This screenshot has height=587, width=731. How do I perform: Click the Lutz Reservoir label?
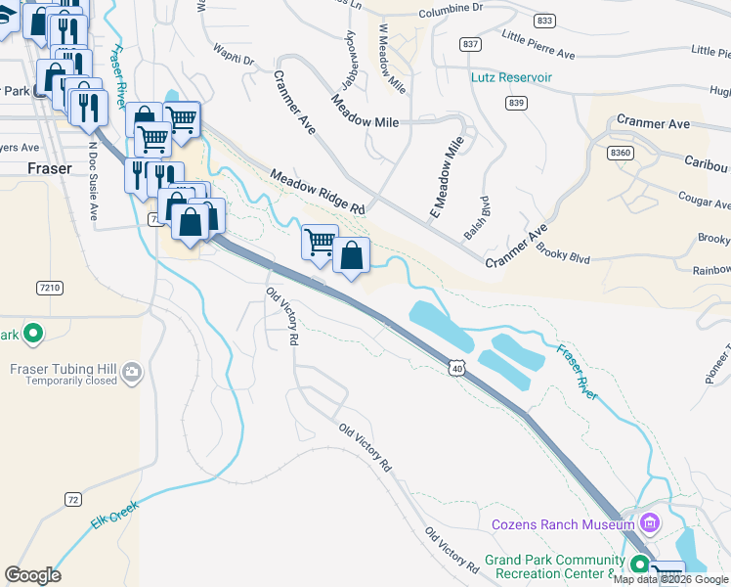click(511, 77)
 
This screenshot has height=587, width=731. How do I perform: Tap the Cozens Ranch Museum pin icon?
click(652, 524)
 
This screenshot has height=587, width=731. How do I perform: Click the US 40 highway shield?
click(456, 366)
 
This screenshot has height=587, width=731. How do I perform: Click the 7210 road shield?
click(49, 288)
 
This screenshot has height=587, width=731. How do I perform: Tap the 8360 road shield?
click(621, 153)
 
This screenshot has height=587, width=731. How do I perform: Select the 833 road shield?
click(545, 21)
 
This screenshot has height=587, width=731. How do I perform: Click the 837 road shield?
click(471, 45)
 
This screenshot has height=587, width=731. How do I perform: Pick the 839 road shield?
click(517, 103)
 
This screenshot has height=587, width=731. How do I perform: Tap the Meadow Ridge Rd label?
click(318, 193)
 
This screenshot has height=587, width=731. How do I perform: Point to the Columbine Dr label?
click(451, 8)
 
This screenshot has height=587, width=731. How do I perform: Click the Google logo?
click(32, 575)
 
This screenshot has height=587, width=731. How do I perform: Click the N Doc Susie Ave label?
click(94, 182)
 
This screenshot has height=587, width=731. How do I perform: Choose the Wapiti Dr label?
click(235, 59)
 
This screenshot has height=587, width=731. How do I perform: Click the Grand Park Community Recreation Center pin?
click(639, 564)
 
